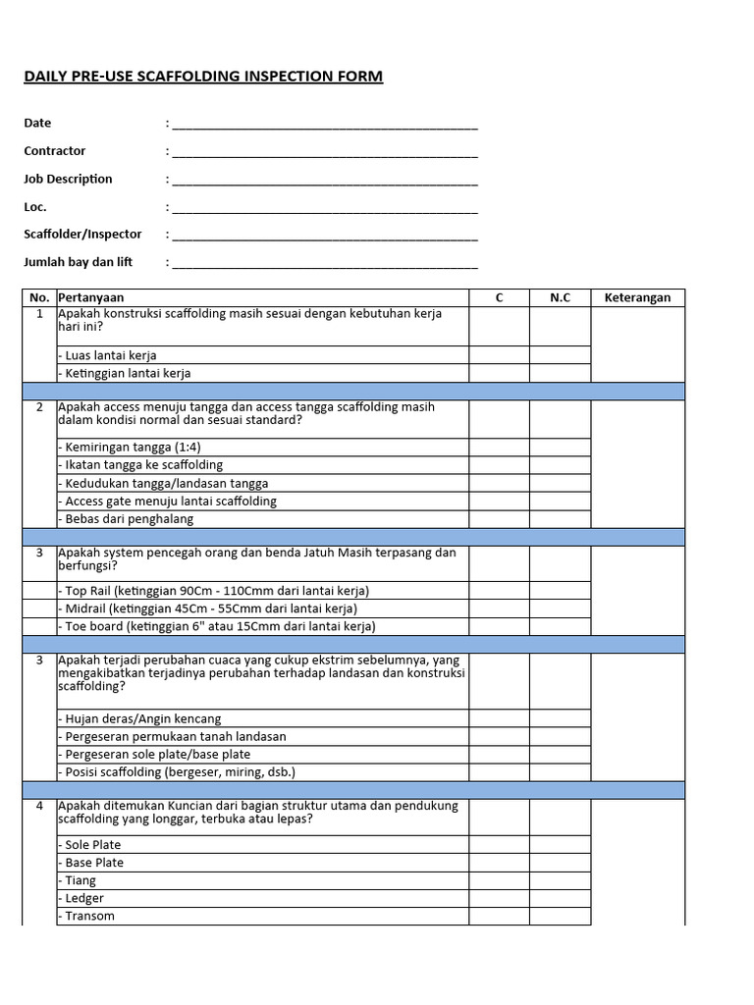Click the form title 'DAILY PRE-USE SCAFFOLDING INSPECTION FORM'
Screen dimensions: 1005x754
(x=203, y=77)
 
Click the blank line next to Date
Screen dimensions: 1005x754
(x=324, y=125)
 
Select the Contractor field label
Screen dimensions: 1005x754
(x=55, y=151)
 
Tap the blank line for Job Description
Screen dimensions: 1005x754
(x=324, y=181)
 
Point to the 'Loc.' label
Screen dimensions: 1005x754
(x=35, y=207)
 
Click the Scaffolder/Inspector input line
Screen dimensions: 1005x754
(x=324, y=237)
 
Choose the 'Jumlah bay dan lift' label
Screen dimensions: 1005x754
(x=79, y=262)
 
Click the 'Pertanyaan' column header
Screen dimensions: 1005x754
(x=91, y=297)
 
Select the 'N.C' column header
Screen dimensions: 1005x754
(x=560, y=297)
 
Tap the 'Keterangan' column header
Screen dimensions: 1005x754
(x=637, y=297)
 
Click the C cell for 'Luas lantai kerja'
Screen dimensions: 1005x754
(x=499, y=355)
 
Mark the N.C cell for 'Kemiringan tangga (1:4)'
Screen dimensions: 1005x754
(x=560, y=447)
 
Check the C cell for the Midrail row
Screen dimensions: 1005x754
(x=499, y=608)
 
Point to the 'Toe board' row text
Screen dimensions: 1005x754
(x=217, y=626)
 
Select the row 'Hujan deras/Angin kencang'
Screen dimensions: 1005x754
(x=140, y=718)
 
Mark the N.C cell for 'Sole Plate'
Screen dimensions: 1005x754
(x=560, y=844)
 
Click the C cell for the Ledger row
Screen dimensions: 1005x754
(x=499, y=898)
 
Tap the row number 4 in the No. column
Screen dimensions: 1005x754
(x=39, y=806)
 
